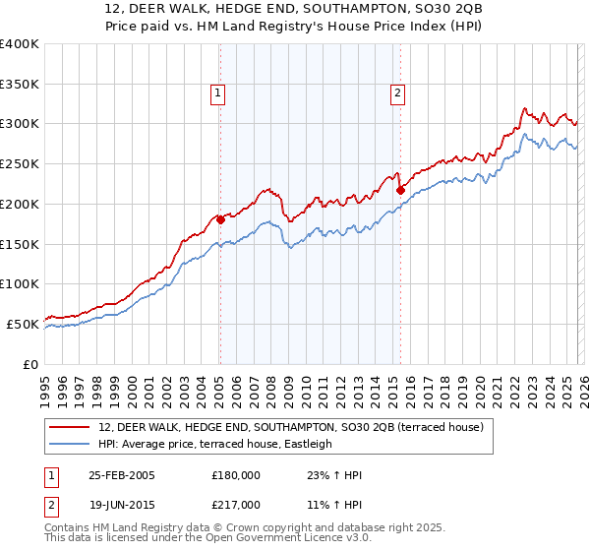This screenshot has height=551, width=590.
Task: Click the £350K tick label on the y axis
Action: [20, 85]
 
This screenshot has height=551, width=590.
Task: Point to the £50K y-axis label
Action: [23, 324]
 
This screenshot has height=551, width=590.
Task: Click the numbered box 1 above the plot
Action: [217, 94]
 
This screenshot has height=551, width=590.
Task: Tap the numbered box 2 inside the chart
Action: [397, 94]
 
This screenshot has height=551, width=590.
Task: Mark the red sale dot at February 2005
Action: [220, 219]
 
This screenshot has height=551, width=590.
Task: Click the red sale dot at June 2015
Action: [400, 190]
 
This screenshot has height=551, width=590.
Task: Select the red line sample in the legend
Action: [71, 428]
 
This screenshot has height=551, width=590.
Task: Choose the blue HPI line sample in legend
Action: [71, 445]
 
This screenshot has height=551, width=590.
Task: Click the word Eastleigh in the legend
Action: [308, 445]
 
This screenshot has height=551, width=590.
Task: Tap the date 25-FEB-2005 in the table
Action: [121, 475]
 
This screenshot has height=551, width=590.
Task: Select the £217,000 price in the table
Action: [236, 504]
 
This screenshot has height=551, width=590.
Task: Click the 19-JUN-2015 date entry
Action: [121, 504]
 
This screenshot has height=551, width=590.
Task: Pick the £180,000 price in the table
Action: [236, 475]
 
